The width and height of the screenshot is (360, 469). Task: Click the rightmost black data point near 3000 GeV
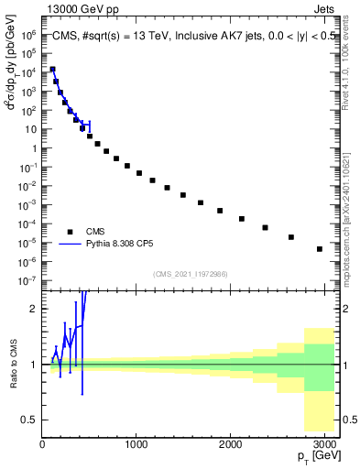point(320,248)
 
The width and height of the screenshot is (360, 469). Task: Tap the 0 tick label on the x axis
point(42,443)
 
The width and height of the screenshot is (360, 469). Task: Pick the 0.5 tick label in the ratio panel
point(29,420)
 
